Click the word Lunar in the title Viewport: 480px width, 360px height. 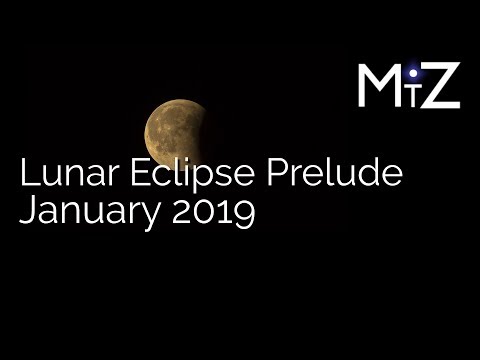coord(61,176)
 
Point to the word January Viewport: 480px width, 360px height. coord(87,215)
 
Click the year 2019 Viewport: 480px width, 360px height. coord(212,214)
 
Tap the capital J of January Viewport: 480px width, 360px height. coord(27,214)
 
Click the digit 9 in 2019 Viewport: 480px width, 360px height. coord(241,214)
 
